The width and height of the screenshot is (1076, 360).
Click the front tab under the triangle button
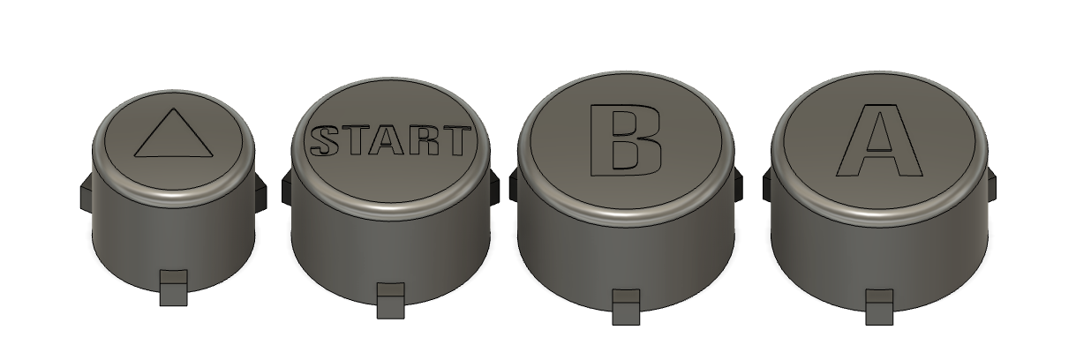coord(173,288)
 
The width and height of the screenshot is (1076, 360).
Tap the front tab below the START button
coord(390,301)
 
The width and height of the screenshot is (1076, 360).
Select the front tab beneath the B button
coord(626,307)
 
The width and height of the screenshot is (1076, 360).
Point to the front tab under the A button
coord(879,307)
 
